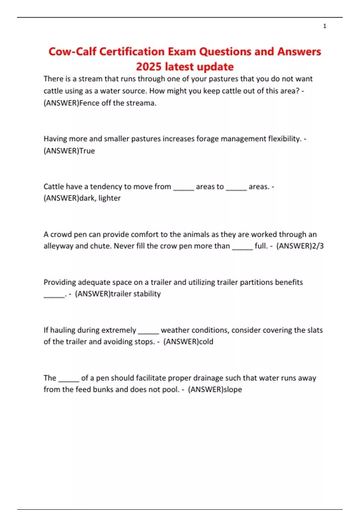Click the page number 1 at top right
pyautogui.click(x=325, y=26)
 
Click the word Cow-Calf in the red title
pyautogui.click(x=72, y=52)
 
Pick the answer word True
pyautogui.click(x=87, y=151)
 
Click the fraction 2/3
pyautogui.click(x=318, y=246)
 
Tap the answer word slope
pyautogui.click(x=233, y=389)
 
